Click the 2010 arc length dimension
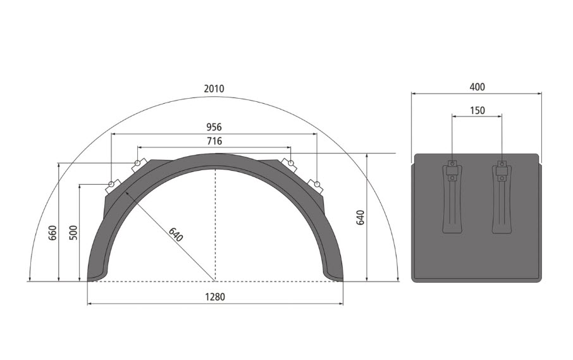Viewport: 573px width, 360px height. click(214, 89)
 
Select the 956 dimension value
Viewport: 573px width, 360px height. click(214, 127)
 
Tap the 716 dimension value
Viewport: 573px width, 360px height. click(214, 141)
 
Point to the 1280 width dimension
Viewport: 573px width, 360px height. click(215, 297)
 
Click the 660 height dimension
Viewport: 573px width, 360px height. click(53, 233)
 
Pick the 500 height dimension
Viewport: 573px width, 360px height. click(73, 233)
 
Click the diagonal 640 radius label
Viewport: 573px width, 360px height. click(175, 235)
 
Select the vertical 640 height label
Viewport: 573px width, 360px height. click(360, 218)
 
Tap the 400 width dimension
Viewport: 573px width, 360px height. click(477, 87)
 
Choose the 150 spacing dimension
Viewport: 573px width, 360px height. click(477, 110)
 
